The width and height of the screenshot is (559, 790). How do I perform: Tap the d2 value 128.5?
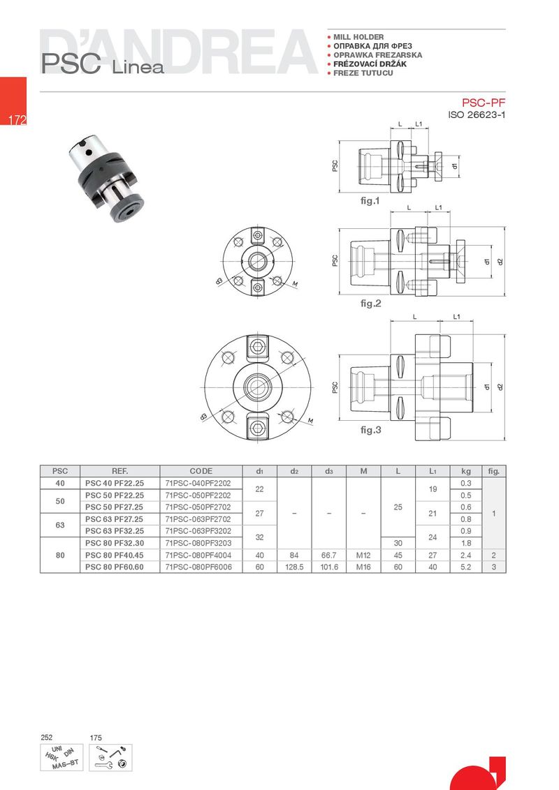(294, 567)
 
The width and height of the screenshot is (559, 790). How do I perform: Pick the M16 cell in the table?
(363, 567)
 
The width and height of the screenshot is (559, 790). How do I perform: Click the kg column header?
(465, 471)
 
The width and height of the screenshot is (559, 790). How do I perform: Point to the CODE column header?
(201, 471)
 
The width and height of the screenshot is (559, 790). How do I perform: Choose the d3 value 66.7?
(328, 556)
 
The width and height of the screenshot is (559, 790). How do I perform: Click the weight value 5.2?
(465, 567)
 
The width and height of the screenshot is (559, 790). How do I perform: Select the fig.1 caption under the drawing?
(370, 200)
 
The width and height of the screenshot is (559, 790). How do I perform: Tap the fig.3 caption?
(371, 430)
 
